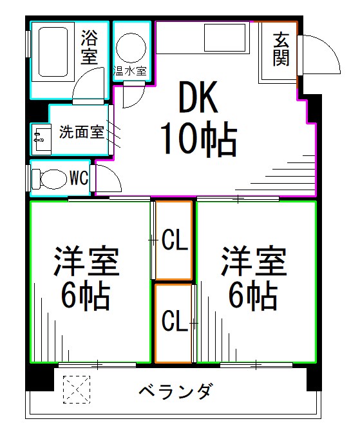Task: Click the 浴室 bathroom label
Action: click(x=90, y=48)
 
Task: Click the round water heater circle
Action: click(x=131, y=46)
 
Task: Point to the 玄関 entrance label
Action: click(x=281, y=49)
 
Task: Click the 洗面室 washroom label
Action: click(x=81, y=133)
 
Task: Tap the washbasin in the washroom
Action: click(x=40, y=137)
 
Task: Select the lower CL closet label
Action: click(x=174, y=320)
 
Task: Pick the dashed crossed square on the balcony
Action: click(x=76, y=390)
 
